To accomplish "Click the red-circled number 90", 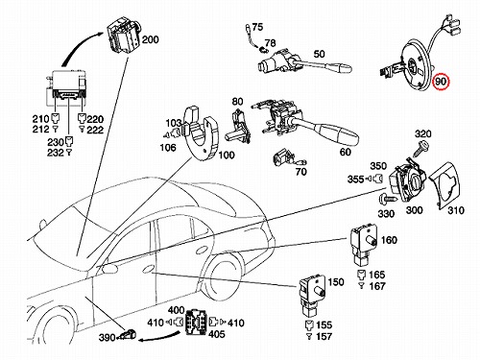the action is point(441,82).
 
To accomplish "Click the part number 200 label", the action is point(150,40).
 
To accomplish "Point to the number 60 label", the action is point(345,152).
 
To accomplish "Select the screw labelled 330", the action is point(387,199).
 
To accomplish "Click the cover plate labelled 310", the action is point(446,185).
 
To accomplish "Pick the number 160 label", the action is point(389,240).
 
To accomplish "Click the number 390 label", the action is point(108,337).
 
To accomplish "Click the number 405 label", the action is point(217,334).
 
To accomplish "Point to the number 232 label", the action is point(56,153).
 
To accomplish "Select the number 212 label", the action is point(40,130).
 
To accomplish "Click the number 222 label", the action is point(95,130).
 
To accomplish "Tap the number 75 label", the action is point(257,27).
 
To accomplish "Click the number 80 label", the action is point(237,102).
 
